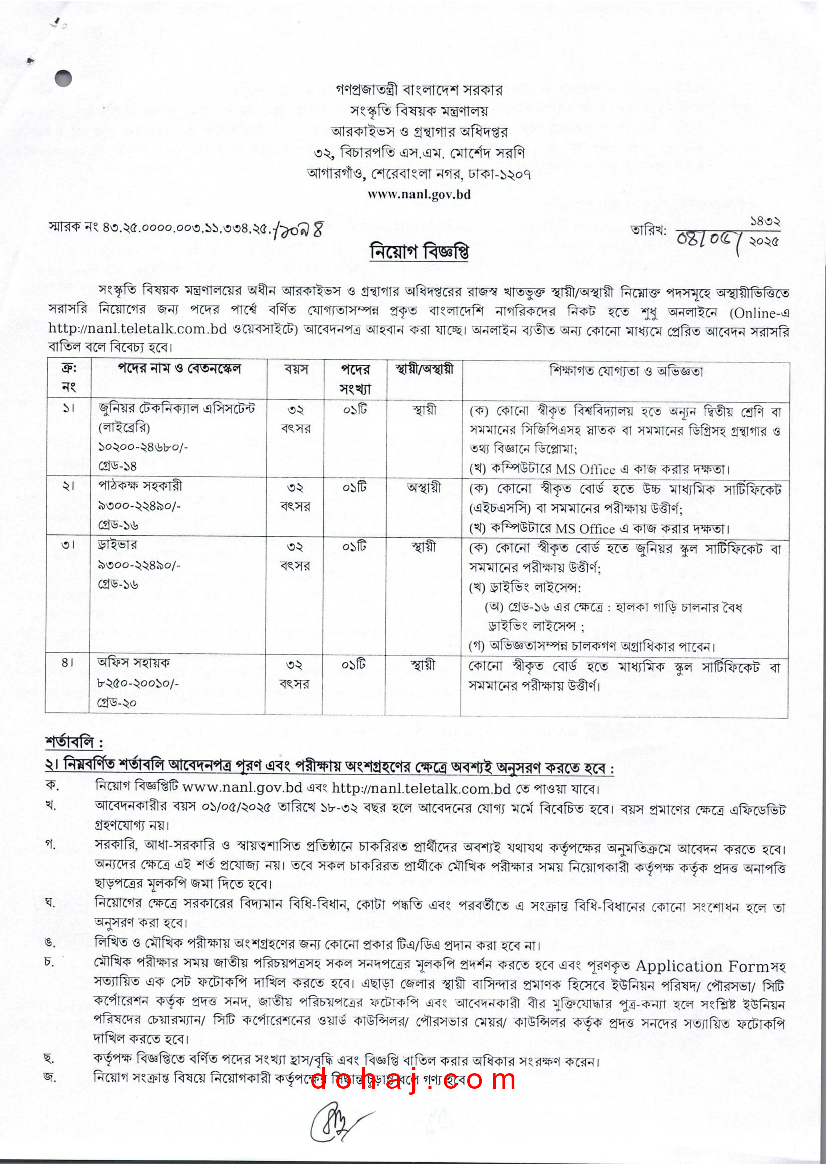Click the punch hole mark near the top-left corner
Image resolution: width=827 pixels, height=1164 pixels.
[x=63, y=78]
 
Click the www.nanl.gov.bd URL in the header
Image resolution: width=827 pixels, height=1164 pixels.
[x=419, y=194]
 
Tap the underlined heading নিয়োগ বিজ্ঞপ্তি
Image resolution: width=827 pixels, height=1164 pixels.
[x=419, y=252]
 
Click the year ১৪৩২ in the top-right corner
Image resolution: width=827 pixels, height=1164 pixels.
[x=765, y=221]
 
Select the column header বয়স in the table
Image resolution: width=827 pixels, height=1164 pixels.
[x=296, y=369]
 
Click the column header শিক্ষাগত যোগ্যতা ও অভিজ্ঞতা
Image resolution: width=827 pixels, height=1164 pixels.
[x=626, y=370]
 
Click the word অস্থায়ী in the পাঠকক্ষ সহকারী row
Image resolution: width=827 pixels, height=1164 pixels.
[x=424, y=488]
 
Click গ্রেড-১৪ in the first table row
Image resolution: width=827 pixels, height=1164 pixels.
[x=118, y=465]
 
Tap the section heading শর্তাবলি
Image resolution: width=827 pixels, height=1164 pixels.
[x=74, y=743]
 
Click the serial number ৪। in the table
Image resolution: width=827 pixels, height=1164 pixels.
[x=67, y=662]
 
